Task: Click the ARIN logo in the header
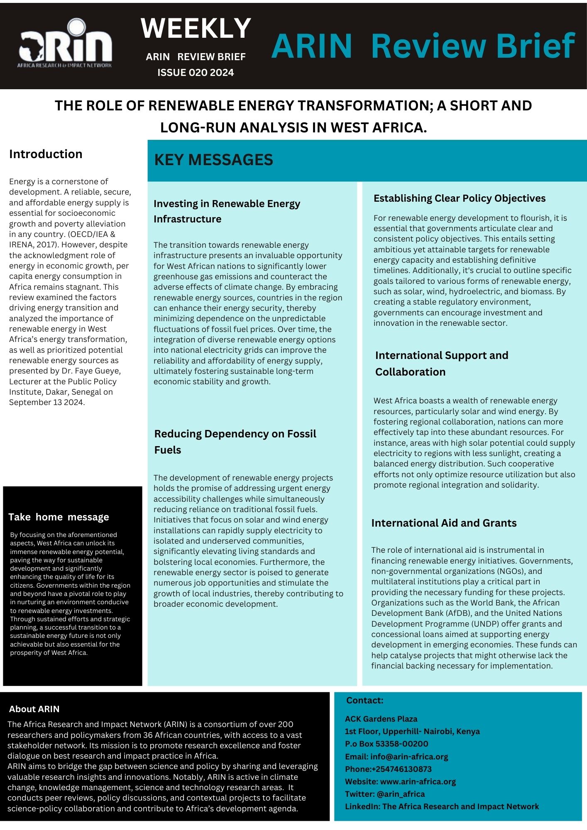click(65, 44)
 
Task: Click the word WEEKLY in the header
click(196, 28)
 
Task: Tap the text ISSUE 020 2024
click(196, 73)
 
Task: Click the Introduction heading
click(46, 154)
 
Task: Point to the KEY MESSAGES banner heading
click(213, 160)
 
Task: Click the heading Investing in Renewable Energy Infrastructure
click(227, 211)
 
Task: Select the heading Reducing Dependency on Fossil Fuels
click(235, 442)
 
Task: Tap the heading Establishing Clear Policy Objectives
click(459, 198)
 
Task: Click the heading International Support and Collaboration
click(441, 364)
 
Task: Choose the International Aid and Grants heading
click(444, 523)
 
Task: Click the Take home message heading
click(59, 517)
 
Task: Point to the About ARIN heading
click(34, 709)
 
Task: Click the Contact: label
click(364, 700)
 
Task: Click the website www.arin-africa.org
click(418, 781)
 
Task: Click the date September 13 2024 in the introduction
click(46, 402)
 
